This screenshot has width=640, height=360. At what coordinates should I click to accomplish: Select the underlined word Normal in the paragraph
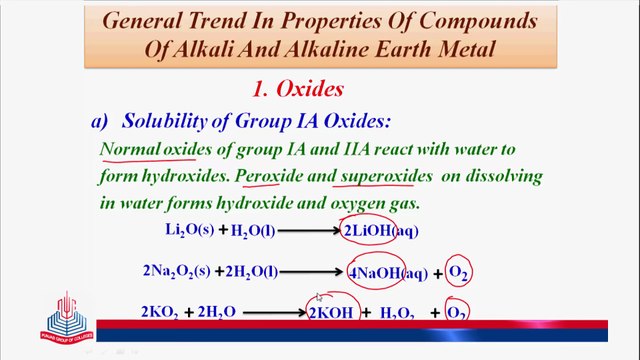coord(130,150)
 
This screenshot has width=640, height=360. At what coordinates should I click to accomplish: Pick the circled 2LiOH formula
coord(369,231)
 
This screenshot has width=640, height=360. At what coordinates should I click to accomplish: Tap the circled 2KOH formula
coord(331,313)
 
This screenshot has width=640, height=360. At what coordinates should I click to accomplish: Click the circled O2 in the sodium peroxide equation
coord(459,272)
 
